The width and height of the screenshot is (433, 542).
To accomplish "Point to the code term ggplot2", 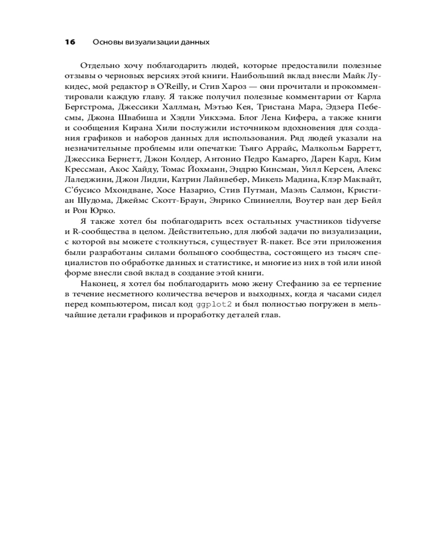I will [x=214, y=305].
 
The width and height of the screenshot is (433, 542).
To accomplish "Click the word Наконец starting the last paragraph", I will [x=97, y=283].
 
